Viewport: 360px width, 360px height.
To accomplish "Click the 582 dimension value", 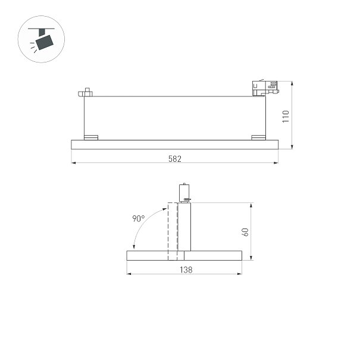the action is (x=175, y=159).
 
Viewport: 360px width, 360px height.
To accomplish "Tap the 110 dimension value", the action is (x=286, y=117).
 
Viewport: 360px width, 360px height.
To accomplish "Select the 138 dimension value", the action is (x=186, y=270).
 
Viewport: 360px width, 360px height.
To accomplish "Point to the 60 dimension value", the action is (x=245, y=232).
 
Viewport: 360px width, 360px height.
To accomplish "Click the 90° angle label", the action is (x=139, y=218).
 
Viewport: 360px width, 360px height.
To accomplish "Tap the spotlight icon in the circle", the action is (x=42, y=39).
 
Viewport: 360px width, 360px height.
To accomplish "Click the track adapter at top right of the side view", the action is (x=265, y=88).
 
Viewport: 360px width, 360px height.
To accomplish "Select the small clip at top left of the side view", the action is (x=86, y=92).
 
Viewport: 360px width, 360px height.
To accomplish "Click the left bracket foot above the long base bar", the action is (x=91, y=137).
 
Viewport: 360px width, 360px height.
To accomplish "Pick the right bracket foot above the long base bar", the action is (x=258, y=137).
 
